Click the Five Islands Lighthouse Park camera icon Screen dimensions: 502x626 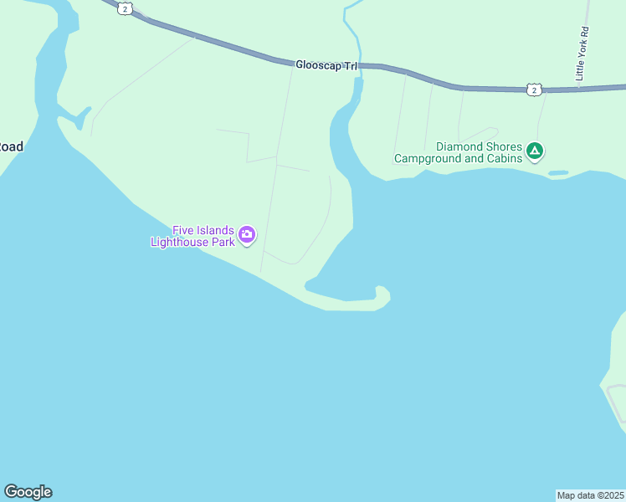click(x=247, y=234)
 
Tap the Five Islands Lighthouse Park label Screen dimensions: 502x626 click(x=203, y=237)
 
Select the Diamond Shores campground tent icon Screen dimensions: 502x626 click(x=535, y=152)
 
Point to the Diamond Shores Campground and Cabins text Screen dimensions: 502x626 click(x=458, y=152)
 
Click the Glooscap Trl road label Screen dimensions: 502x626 click(x=326, y=64)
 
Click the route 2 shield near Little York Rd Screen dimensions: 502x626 click(x=534, y=90)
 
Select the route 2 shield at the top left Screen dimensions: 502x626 click(x=125, y=8)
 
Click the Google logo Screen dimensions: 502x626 click(x=28, y=492)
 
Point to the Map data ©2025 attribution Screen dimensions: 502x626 click(x=590, y=495)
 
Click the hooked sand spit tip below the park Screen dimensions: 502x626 click(x=382, y=293)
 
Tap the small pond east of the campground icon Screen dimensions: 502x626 click(x=558, y=173)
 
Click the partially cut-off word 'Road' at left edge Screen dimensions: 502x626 click(x=11, y=146)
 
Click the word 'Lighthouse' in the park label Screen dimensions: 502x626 click(x=179, y=243)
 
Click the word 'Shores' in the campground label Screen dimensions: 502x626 click(x=502, y=146)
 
